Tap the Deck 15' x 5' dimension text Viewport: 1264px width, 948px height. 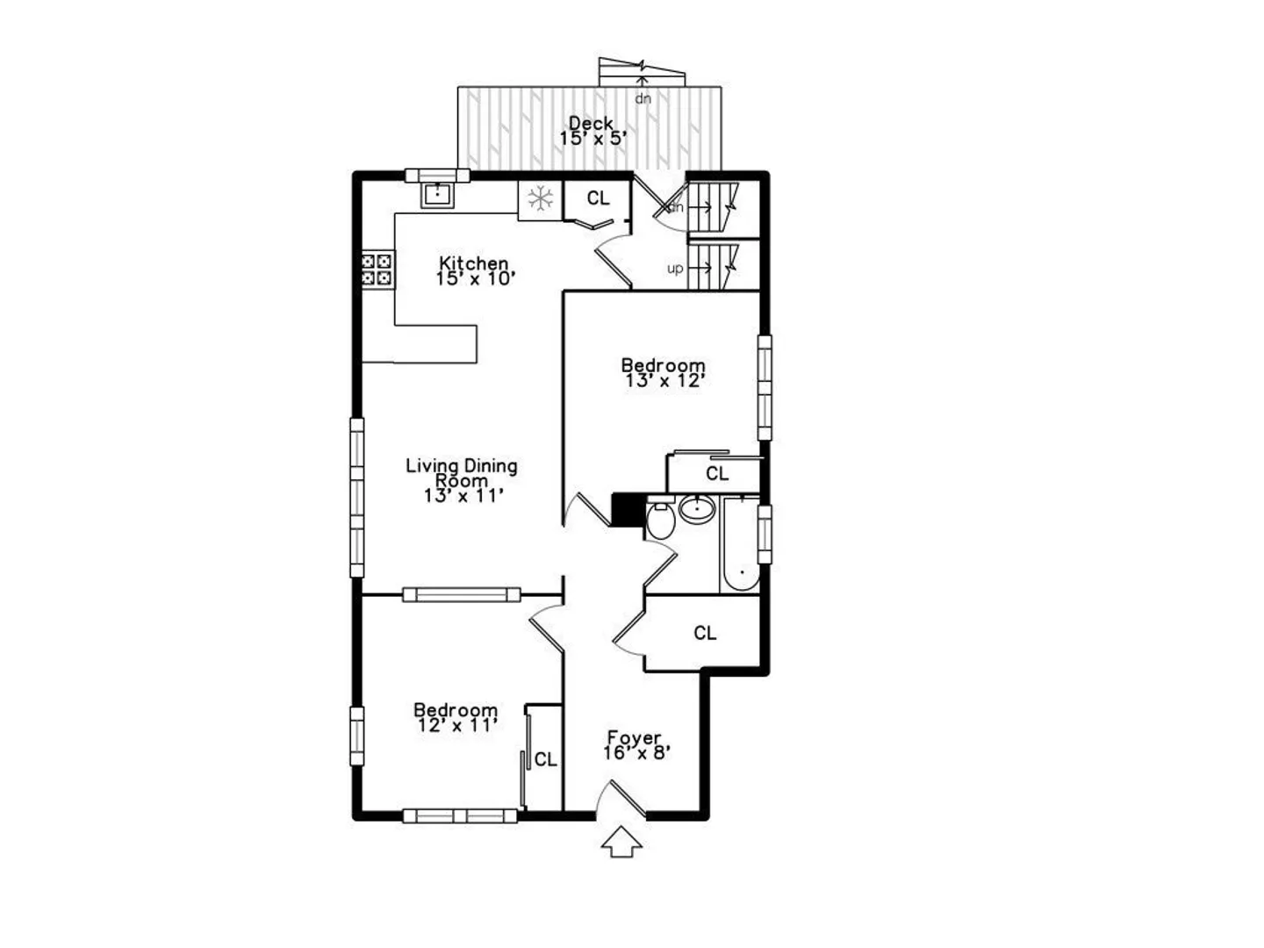point(592,139)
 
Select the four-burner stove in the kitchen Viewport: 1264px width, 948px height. point(377,270)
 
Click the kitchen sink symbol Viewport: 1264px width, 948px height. point(438,195)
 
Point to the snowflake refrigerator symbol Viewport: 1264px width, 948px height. point(540,200)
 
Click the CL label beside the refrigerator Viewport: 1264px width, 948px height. point(598,198)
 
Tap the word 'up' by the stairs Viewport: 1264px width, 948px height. point(675,269)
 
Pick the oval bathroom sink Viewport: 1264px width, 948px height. point(697,509)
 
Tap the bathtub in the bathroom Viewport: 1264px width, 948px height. point(741,545)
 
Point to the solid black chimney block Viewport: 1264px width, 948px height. point(628,509)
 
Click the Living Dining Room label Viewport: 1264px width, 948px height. point(462,472)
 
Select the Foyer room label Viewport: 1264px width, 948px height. point(634,737)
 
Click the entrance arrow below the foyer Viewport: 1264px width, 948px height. point(621,842)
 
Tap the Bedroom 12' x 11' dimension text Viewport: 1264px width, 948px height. point(457,725)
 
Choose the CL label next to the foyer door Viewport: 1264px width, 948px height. point(705,633)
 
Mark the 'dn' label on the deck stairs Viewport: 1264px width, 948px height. point(643,98)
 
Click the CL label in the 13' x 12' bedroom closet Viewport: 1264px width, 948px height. point(717,474)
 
